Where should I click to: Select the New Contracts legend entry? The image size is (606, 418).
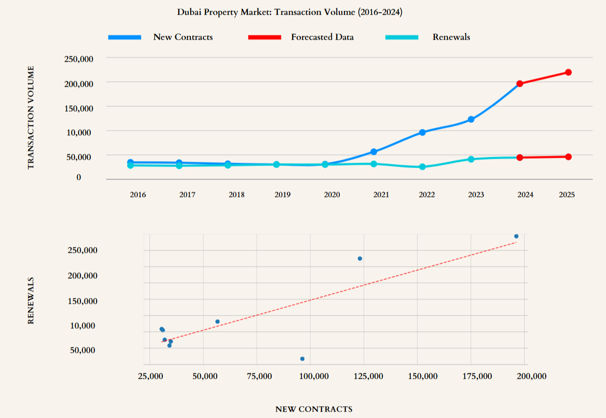(183, 37)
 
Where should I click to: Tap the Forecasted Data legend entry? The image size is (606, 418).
(322, 37)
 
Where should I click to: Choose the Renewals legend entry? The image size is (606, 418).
(451, 37)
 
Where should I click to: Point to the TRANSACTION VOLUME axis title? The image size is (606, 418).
(31, 118)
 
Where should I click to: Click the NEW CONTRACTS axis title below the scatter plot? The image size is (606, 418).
(314, 409)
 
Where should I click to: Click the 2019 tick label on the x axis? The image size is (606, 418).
(282, 195)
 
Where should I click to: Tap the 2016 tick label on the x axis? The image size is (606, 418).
(138, 195)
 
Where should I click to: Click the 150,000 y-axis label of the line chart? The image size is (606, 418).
(79, 108)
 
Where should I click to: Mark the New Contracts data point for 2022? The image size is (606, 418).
(422, 132)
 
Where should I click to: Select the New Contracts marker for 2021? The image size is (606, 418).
(374, 152)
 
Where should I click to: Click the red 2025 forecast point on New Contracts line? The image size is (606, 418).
(568, 73)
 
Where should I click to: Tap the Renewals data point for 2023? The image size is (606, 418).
(471, 159)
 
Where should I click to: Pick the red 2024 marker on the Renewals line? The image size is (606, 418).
(520, 157)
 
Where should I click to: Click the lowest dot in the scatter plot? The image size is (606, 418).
(302, 359)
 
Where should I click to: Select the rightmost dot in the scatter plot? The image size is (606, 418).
(516, 236)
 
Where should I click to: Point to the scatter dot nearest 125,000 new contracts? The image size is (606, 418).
(360, 258)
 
